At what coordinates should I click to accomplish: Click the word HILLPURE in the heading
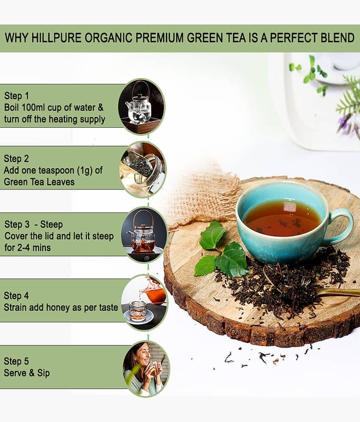(x=56, y=37)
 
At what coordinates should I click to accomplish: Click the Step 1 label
(x=16, y=95)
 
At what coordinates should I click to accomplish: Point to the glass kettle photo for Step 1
(x=141, y=107)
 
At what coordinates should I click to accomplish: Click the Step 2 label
(x=16, y=159)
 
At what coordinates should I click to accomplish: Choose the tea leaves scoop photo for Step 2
(x=143, y=169)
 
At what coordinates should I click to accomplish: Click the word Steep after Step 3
(x=51, y=224)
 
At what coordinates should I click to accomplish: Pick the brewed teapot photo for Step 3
(x=144, y=235)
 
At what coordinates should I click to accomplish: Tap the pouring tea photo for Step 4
(x=144, y=303)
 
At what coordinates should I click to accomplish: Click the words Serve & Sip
(x=26, y=373)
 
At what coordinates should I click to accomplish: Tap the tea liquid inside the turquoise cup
(x=282, y=218)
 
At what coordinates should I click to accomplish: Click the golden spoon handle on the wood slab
(x=338, y=293)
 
